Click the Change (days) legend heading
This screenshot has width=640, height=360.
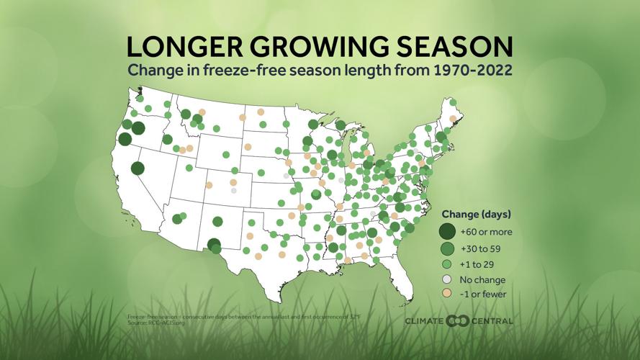pyautogui.click(x=476, y=215)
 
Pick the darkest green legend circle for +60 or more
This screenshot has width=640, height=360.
pyautogui.click(x=447, y=231)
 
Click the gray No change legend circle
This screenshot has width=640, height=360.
pyautogui.click(x=447, y=279)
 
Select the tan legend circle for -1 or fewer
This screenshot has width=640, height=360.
pyautogui.click(x=447, y=294)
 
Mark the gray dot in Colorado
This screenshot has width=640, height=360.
pyautogui.click(x=233, y=191)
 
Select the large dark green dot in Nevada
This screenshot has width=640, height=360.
pyautogui.click(x=138, y=168)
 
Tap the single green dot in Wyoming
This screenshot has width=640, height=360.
pyautogui.click(x=226, y=154)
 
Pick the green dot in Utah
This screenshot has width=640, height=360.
pyautogui.click(x=189, y=168)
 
